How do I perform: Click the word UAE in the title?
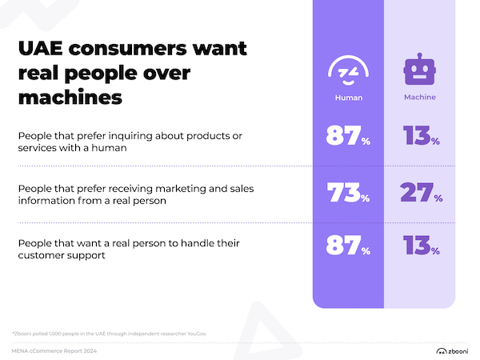(x=42, y=49)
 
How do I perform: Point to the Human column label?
(x=349, y=98)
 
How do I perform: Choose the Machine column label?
(x=419, y=98)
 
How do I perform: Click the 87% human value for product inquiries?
(x=348, y=136)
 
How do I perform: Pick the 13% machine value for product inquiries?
(x=419, y=136)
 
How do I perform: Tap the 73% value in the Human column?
(x=348, y=194)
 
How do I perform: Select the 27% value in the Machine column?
(x=419, y=194)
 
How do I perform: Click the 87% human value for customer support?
(x=348, y=246)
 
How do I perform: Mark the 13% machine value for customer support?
(x=419, y=246)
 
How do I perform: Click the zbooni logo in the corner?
(x=452, y=350)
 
